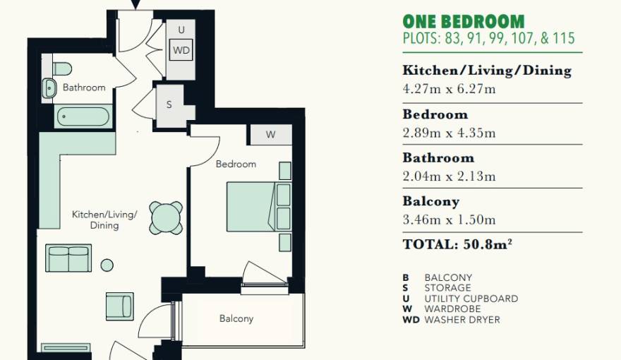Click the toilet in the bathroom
pyautogui.click(x=62, y=68)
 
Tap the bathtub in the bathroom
pyautogui.click(x=83, y=116)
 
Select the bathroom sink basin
pyautogui.click(x=49, y=88)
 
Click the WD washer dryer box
pyautogui.click(x=181, y=50)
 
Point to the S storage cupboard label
pyautogui.click(x=169, y=105)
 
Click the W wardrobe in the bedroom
pyautogui.click(x=270, y=135)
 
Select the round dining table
pyautogui.click(x=166, y=218)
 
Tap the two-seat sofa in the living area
pyautogui.click(x=68, y=258)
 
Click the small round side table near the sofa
pyautogui.click(x=107, y=265)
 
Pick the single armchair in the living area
pyautogui.click(x=119, y=306)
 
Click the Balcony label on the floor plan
pyautogui.click(x=236, y=319)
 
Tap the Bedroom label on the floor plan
pyautogui.click(x=236, y=164)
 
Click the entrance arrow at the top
pyautogui.click(x=135, y=4)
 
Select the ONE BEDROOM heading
pyautogui.click(x=464, y=21)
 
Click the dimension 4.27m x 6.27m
pyautogui.click(x=449, y=89)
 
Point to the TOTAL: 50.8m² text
pyautogui.click(x=457, y=244)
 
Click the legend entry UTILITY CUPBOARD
pyautogui.click(x=471, y=299)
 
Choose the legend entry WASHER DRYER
pyautogui.click(x=462, y=320)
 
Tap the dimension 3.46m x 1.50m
pyautogui.click(x=449, y=220)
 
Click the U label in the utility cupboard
pyautogui.click(x=181, y=30)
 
